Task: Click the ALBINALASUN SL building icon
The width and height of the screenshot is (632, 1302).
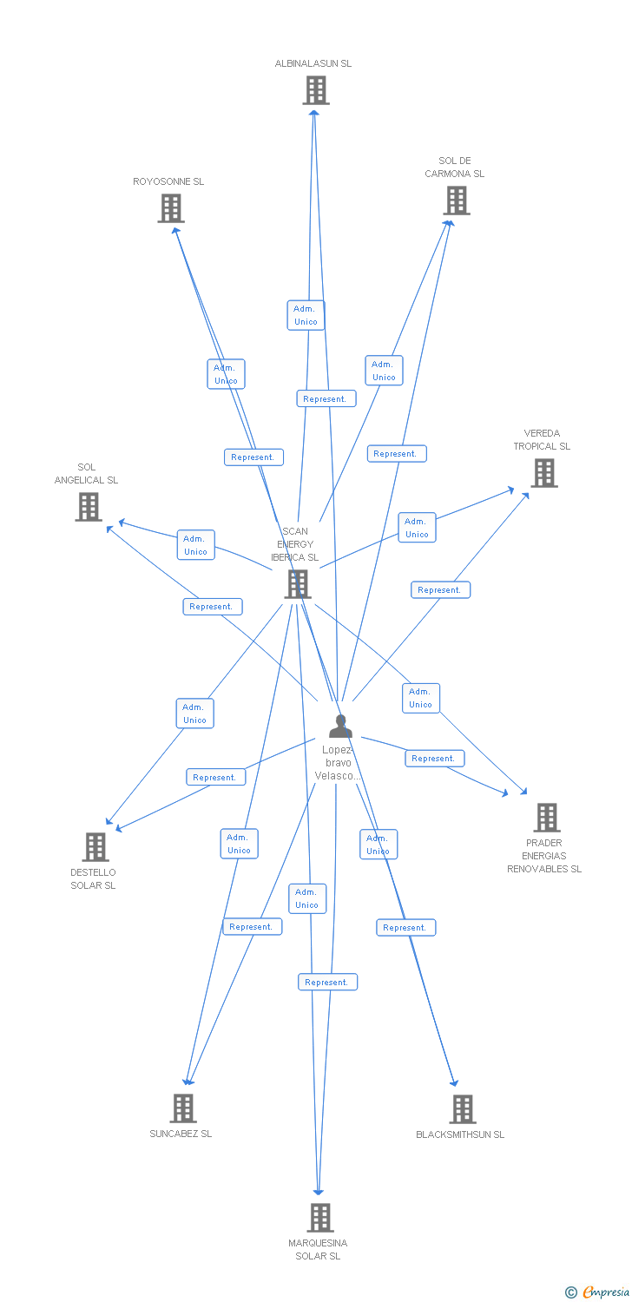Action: coord(315,90)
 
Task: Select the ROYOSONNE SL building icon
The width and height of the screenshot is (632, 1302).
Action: coord(171,208)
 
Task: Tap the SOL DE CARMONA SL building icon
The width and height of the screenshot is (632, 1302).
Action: coord(456,201)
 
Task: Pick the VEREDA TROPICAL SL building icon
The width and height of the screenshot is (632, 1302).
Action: coord(543,473)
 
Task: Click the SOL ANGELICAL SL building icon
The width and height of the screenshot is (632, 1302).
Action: coord(89,507)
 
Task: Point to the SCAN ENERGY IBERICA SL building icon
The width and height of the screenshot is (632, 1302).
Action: coord(298,584)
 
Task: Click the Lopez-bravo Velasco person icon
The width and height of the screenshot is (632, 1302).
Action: coord(340,727)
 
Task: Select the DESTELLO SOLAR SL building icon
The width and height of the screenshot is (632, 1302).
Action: coord(95,847)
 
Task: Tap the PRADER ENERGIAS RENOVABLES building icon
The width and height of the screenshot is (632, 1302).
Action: coord(546,818)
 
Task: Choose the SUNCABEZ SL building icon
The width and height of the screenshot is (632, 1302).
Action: coord(182,1108)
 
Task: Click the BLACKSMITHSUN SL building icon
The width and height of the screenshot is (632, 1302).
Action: coord(462,1109)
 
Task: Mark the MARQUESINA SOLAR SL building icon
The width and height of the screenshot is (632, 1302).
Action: coord(319,1218)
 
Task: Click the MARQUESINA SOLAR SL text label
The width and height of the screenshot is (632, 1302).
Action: coord(318,1250)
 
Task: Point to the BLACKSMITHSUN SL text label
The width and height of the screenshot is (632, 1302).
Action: coord(460,1134)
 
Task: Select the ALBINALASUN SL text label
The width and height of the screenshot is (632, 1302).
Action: coord(313,63)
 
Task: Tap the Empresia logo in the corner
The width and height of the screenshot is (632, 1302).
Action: coord(598,1292)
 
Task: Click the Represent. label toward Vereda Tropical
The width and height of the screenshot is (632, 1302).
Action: coord(440,590)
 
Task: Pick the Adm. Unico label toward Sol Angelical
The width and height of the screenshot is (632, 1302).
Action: coord(195,545)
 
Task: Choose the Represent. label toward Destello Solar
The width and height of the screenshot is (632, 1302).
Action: coord(215,778)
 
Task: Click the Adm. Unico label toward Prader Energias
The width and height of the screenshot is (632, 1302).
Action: coord(420,698)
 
